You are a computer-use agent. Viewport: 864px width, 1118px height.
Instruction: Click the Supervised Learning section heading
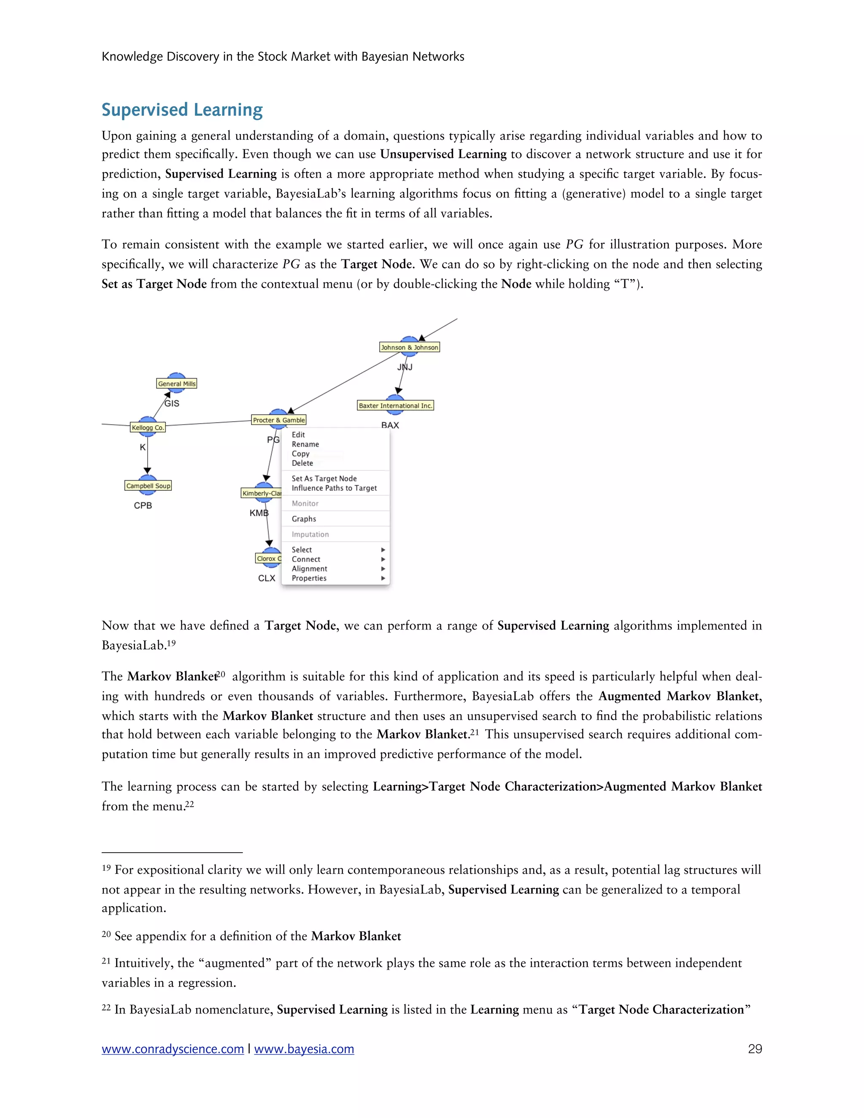click(182, 110)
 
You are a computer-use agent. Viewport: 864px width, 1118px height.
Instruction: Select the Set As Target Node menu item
click(324, 479)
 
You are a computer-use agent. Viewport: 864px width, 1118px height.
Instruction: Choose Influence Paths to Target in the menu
click(334, 489)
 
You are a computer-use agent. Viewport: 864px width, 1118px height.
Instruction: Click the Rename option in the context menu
click(305, 444)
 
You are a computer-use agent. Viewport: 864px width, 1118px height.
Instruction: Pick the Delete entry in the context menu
click(302, 463)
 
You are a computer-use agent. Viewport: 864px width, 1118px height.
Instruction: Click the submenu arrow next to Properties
click(383, 578)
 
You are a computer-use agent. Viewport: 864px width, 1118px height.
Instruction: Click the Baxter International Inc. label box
click(395, 406)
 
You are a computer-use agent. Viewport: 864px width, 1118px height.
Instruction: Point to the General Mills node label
click(177, 384)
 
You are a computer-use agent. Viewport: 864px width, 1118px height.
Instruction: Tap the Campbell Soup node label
click(148, 486)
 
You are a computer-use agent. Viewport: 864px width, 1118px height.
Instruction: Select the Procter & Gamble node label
click(278, 420)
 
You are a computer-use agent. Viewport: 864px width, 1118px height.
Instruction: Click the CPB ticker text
click(143, 506)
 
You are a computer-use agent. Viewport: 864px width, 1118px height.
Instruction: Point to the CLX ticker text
click(267, 578)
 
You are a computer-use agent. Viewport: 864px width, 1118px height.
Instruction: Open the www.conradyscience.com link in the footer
click(173, 1049)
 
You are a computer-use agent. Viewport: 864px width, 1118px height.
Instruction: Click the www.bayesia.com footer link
click(304, 1049)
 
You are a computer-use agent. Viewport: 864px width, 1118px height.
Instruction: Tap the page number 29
click(754, 1049)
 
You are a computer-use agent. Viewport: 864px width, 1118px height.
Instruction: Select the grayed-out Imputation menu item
click(310, 535)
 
